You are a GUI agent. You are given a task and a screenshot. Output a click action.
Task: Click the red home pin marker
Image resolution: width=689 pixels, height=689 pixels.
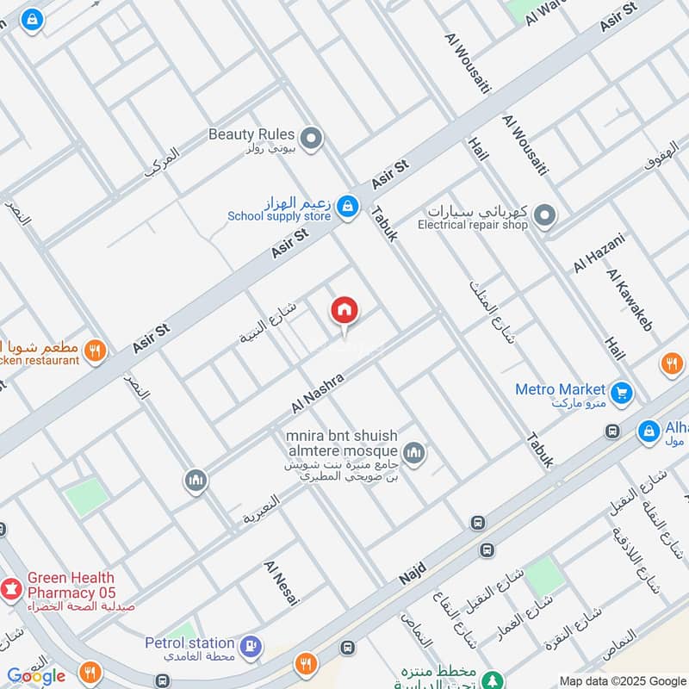tap(344, 311)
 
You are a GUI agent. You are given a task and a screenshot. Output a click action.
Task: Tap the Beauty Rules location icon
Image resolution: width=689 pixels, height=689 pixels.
tap(312, 137)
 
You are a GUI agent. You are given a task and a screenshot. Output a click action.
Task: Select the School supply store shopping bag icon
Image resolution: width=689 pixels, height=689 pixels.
tap(347, 206)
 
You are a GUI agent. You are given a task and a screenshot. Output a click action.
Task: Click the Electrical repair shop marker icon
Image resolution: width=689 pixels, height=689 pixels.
tap(543, 214)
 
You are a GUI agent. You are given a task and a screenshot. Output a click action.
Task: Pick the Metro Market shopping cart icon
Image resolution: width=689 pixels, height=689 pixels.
tap(622, 394)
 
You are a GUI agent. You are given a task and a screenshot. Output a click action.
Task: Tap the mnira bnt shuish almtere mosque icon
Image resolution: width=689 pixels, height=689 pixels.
tap(414, 453)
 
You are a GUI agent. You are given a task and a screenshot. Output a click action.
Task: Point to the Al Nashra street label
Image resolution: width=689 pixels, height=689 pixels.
tap(318, 392)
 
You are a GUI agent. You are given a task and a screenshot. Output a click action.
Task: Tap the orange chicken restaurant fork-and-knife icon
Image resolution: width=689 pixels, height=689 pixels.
tap(96, 351)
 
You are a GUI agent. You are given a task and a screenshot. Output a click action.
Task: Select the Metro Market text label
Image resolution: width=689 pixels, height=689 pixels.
tap(561, 389)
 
